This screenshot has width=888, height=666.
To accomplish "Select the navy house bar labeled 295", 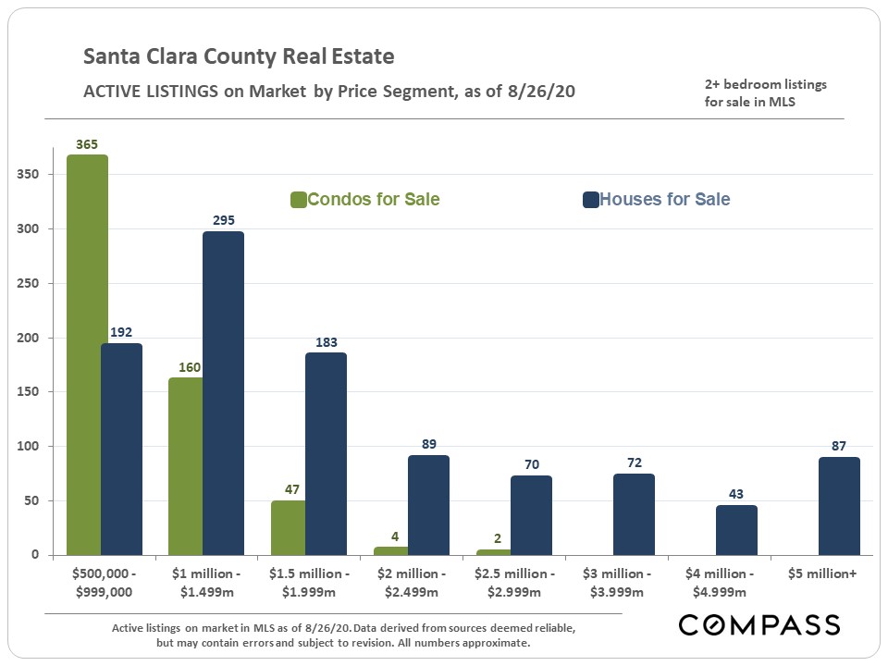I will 223,393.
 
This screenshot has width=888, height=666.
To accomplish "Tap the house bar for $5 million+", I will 839,506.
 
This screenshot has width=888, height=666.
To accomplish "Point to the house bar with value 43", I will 736,530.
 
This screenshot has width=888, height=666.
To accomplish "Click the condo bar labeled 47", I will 288,532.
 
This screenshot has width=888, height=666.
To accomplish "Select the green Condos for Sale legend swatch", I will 298,200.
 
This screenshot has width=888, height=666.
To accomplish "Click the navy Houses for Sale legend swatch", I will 590,200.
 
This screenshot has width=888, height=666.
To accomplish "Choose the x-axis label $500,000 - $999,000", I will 105,582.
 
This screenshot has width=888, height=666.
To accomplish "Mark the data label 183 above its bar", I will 326,342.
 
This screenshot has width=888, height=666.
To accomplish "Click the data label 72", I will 634,462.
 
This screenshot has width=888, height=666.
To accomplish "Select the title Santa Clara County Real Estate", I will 239,57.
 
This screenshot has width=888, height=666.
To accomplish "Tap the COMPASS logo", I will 758,624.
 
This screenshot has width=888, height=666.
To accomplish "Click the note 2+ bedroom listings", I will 765,85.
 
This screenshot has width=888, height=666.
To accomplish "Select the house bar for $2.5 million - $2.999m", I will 531,515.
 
